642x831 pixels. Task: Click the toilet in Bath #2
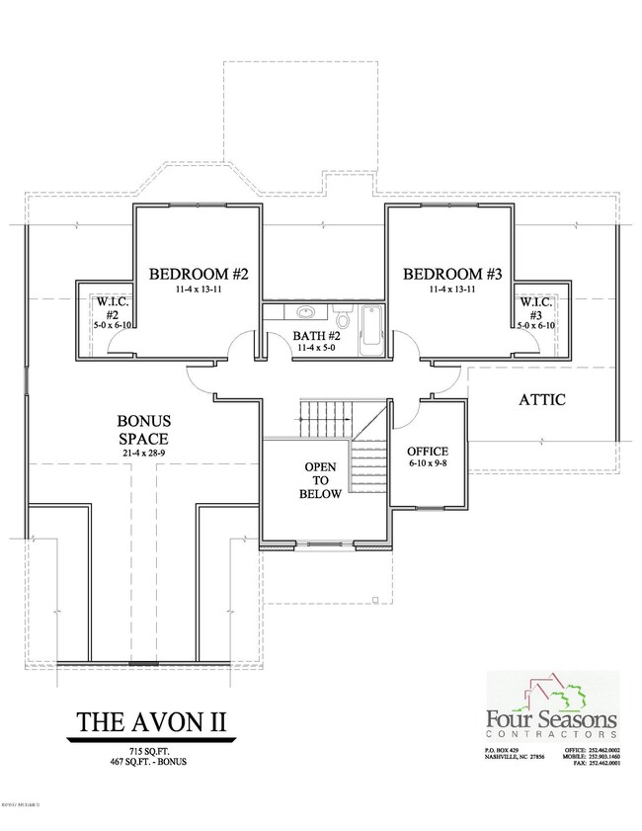pyautogui.click(x=342, y=318)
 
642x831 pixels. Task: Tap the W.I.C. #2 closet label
pyautogui.click(x=106, y=306)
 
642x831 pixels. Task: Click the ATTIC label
pyautogui.click(x=541, y=400)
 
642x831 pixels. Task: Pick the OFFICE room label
pyautogui.click(x=428, y=452)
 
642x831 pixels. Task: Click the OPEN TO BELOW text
pyautogui.click(x=322, y=480)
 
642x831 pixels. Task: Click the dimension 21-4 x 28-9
pyautogui.click(x=145, y=453)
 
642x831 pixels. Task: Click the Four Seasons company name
pyautogui.click(x=551, y=719)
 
